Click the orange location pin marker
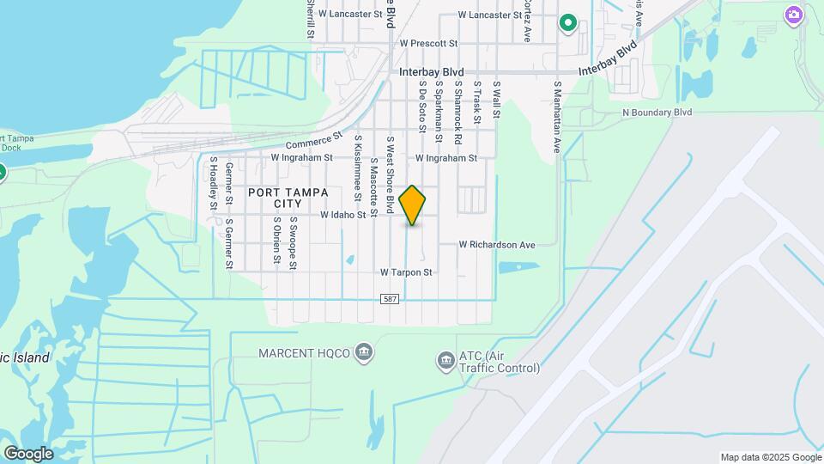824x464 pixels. [413, 205]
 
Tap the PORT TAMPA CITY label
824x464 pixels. [275, 198]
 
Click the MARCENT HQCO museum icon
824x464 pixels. [365, 352]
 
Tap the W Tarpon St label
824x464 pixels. [406, 272]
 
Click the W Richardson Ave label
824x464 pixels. [496, 244]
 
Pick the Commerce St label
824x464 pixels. [314, 140]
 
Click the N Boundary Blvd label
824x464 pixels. [657, 113]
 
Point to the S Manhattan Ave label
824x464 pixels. [557, 117]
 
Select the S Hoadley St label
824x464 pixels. [213, 182]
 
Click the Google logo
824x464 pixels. [28, 453]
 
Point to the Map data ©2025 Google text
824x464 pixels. [771, 457]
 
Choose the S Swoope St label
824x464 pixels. [294, 243]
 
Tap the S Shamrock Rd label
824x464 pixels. [458, 113]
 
